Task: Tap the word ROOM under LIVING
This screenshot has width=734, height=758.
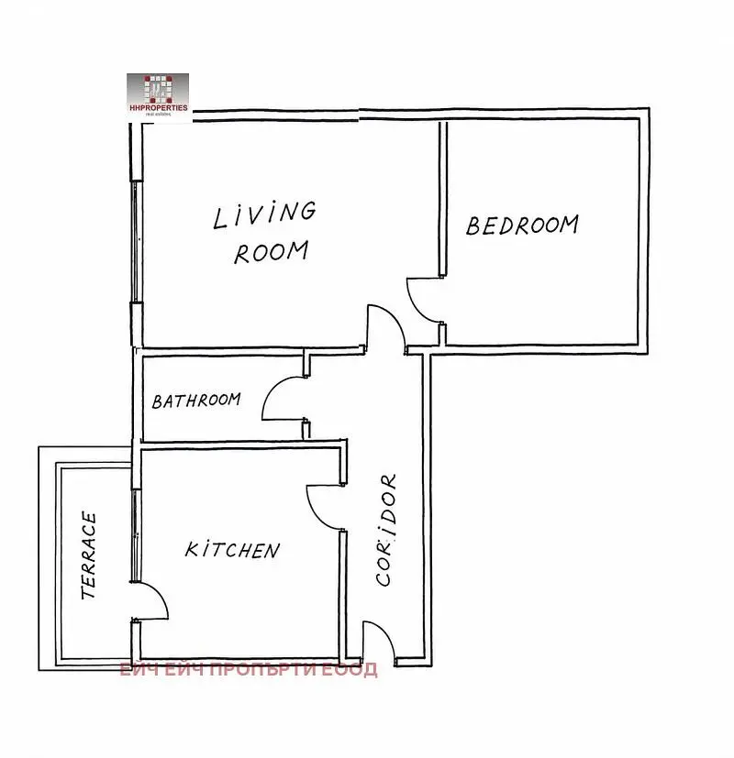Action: coord(271,252)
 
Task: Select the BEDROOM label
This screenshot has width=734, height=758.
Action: coord(522,225)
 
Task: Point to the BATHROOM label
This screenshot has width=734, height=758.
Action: coord(196,401)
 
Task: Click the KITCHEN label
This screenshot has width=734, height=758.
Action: coord(232,550)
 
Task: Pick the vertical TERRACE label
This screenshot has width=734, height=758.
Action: coord(89,555)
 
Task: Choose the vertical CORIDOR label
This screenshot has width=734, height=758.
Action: coord(386,530)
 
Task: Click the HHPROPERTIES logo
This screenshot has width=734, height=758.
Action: coord(158,94)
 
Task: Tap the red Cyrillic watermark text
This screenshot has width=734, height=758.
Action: coord(249,669)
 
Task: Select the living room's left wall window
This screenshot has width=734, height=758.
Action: coord(137,242)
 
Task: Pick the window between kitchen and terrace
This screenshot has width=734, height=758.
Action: coord(137,534)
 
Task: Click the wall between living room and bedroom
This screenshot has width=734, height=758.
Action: coord(443,199)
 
